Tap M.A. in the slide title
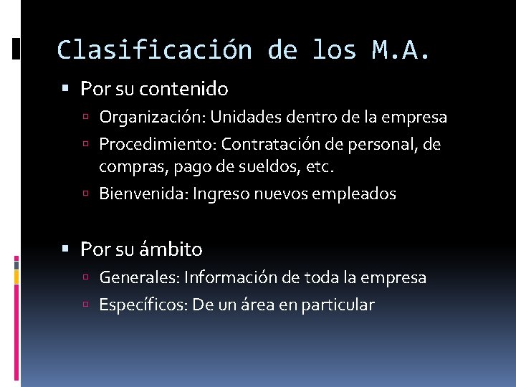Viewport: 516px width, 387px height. [x=402, y=50]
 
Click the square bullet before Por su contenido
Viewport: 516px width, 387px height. [x=66, y=90]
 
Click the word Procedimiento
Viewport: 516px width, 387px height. [x=157, y=145]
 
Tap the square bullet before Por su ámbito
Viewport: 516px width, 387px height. [x=66, y=250]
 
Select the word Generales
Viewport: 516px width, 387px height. [x=139, y=277]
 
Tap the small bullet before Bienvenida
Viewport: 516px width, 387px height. [x=86, y=194]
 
